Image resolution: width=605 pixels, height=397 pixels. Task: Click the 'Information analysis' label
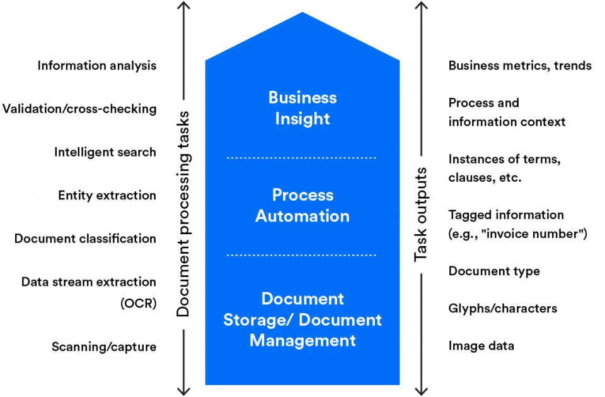[x=96, y=66]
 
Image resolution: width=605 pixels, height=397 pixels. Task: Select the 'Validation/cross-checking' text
[x=79, y=109]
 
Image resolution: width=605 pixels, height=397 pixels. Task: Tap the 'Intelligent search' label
[x=105, y=152]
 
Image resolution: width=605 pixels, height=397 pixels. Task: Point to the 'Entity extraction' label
[x=107, y=196]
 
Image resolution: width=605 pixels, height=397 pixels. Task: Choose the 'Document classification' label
[x=85, y=239]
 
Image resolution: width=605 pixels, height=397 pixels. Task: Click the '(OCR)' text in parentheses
[x=138, y=304]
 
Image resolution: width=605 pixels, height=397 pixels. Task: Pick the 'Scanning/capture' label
[x=104, y=347]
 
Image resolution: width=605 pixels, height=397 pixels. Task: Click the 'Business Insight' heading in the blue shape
[x=302, y=108]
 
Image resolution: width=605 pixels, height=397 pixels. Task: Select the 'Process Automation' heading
[x=302, y=205]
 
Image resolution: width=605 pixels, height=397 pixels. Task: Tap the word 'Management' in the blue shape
[x=302, y=341]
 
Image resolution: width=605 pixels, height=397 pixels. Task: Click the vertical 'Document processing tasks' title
[x=183, y=213]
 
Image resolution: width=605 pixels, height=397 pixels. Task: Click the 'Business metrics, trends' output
[x=520, y=66]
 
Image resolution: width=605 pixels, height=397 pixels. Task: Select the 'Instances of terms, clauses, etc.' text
[x=504, y=169]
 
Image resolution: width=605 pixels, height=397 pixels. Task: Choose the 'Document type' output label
[x=494, y=271]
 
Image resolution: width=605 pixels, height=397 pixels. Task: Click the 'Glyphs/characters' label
[x=503, y=309]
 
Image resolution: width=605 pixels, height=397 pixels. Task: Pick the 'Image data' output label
[x=481, y=346]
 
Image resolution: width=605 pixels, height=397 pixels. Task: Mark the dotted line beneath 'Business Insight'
[x=302, y=157]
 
